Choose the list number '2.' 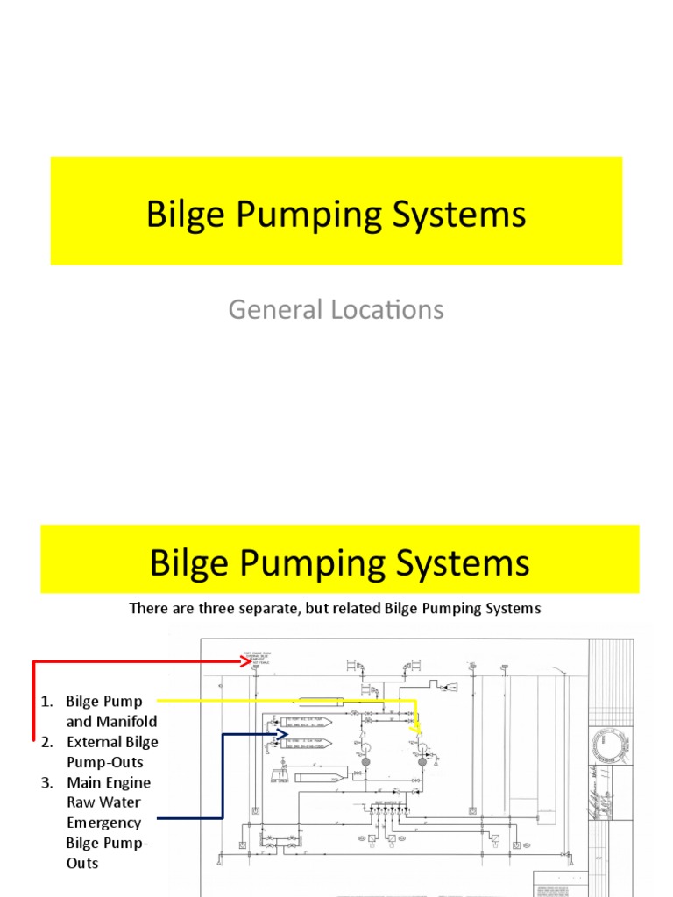(x=47, y=743)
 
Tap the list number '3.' (x=47, y=783)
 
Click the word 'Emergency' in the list (x=103, y=823)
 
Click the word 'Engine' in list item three (x=131, y=783)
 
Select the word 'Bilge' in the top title (x=182, y=215)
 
